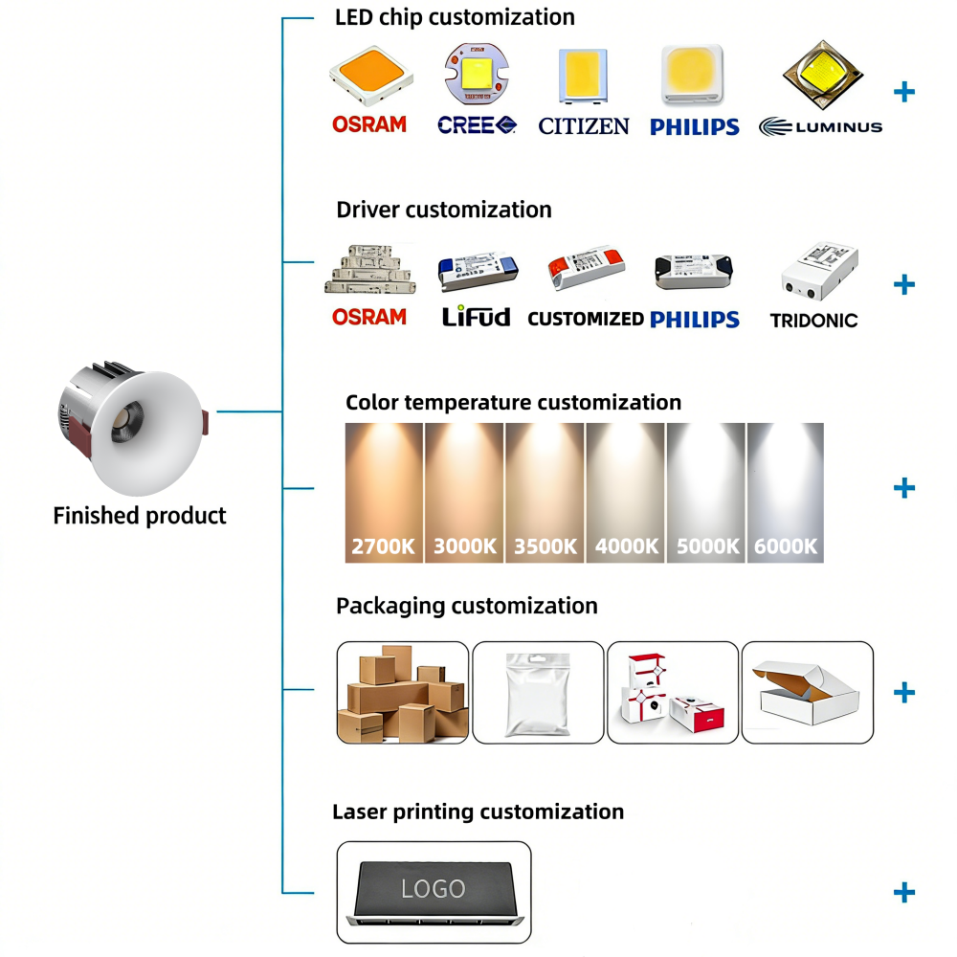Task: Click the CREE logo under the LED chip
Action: tap(477, 124)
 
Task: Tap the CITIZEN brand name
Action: tap(584, 125)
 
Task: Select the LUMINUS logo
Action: tap(820, 126)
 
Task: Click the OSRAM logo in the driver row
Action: tap(369, 317)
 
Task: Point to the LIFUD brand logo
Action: tap(476, 317)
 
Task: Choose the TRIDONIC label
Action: tap(813, 321)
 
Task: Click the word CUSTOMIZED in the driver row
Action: tap(586, 319)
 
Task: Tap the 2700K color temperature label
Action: tap(384, 546)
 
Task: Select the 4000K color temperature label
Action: tap(627, 546)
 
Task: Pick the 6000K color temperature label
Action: tap(786, 546)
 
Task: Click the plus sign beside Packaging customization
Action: tap(903, 692)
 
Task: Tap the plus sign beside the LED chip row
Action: tap(903, 92)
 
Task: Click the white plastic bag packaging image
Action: tap(539, 694)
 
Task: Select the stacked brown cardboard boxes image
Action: tap(403, 694)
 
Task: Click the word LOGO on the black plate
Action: tap(434, 888)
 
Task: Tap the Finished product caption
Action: tap(140, 516)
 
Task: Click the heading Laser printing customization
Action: tap(478, 812)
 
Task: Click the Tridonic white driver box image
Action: tap(819, 271)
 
